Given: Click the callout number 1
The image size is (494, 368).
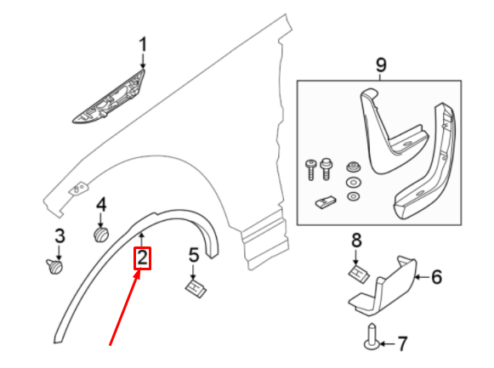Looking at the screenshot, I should [143, 43].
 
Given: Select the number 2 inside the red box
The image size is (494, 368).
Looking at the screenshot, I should [142, 258].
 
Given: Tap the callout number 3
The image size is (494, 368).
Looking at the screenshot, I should [60, 235].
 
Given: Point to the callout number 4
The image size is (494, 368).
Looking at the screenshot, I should [100, 204].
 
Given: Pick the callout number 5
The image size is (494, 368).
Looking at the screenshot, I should [194, 253].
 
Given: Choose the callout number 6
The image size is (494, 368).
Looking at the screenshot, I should [436, 277].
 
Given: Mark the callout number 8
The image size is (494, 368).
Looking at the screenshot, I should [357, 241].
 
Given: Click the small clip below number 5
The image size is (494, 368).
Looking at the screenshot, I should [196, 286].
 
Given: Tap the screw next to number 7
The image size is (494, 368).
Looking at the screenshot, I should [372, 337].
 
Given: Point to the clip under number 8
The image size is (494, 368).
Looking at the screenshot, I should [356, 272].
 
